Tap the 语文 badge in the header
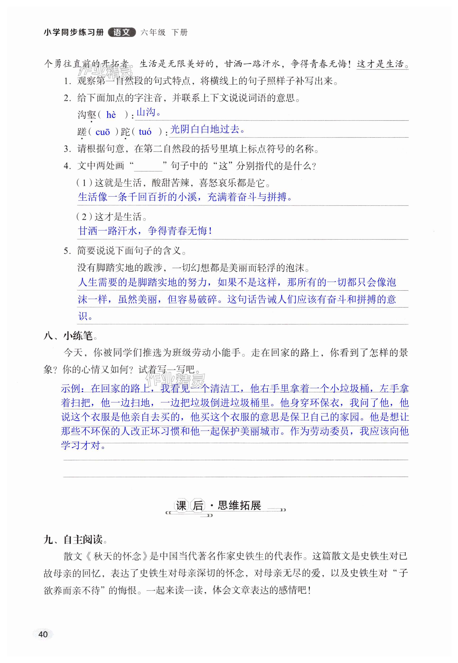pos(122,32)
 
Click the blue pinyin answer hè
pos(111,115)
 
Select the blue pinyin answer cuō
pos(103,132)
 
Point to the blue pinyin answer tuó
pos(145,132)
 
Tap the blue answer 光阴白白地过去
pos(208,129)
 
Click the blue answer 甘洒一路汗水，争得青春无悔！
pos(145,231)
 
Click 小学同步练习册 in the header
pos(74,32)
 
